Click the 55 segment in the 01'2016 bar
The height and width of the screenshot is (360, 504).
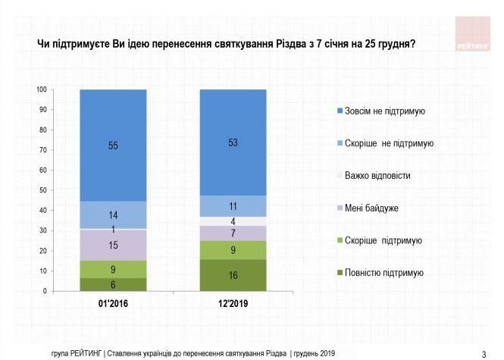[x=113, y=146]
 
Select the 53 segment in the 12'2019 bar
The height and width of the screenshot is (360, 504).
[x=233, y=142]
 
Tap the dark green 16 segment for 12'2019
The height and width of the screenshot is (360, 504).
[x=233, y=275]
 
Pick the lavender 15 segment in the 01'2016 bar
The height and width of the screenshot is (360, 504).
[x=113, y=245]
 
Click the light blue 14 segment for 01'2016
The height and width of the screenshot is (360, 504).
[x=113, y=214]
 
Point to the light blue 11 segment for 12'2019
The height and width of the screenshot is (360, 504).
[x=233, y=206]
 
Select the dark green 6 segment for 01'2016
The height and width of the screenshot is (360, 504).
[x=113, y=284]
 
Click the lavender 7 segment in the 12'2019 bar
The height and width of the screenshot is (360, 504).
[x=233, y=233]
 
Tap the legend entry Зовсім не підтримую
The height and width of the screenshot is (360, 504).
[x=384, y=111]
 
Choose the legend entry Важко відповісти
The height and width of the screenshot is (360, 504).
[x=377, y=176]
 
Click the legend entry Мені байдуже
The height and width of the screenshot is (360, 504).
[x=372, y=208]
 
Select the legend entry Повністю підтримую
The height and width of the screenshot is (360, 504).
[x=383, y=273]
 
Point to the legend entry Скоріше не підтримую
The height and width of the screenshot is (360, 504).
[x=389, y=143]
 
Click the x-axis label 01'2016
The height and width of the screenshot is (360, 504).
[x=113, y=305]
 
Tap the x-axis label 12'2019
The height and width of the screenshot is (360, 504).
[x=233, y=305]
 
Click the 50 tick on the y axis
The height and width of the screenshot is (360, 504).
[x=43, y=190]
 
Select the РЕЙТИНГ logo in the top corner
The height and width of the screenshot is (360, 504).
[x=474, y=34]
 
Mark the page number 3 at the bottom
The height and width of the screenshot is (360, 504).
[x=484, y=354]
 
